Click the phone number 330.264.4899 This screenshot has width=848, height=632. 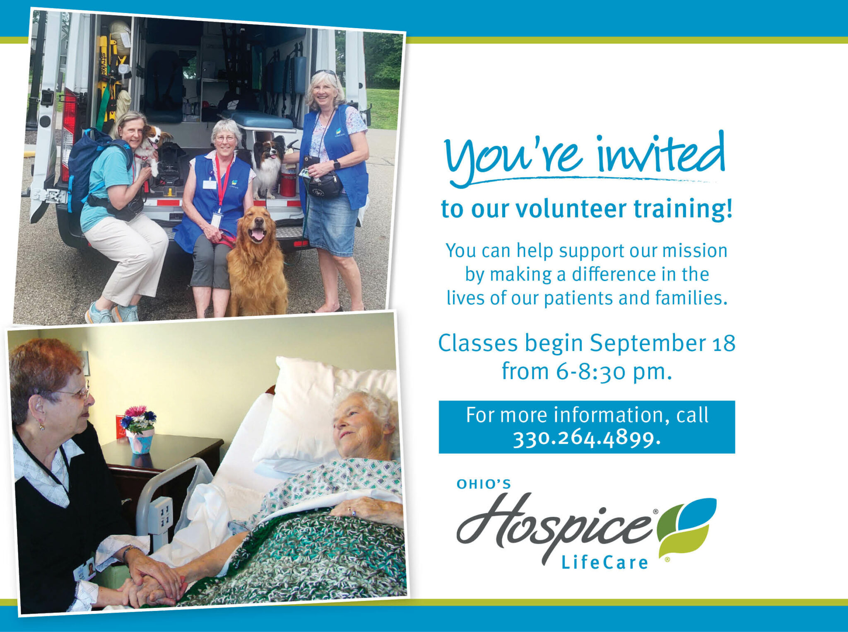click(586, 438)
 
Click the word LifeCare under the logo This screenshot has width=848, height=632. click(605, 563)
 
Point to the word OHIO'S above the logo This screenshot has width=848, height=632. click(484, 484)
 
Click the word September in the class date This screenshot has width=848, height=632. click(647, 343)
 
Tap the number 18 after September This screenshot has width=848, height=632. click(724, 343)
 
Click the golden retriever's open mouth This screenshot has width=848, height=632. click(257, 235)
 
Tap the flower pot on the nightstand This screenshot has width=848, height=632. click(140, 440)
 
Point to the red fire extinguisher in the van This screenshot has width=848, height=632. click(288, 182)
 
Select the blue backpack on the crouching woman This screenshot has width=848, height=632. click(87, 166)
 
